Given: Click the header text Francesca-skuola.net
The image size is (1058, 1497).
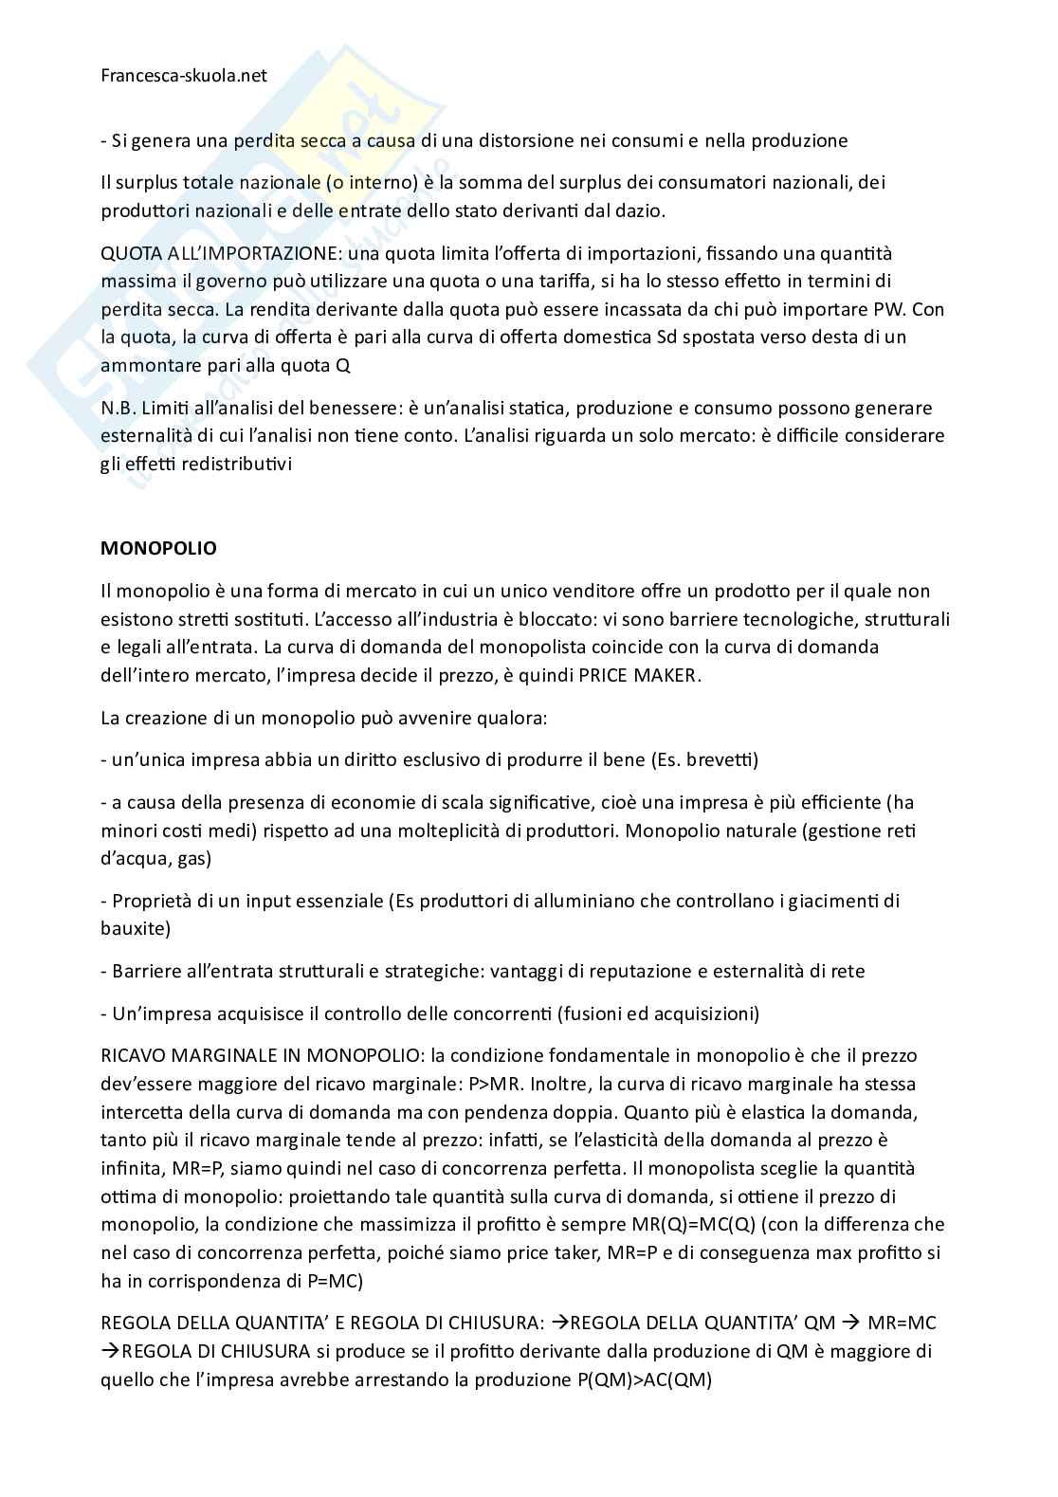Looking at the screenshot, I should pos(184,76).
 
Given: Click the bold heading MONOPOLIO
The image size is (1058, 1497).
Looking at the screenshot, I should pos(158,548).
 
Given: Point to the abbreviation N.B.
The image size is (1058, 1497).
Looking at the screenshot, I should pos(118,408).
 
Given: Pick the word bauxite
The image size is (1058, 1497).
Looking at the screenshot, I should pos(136,928).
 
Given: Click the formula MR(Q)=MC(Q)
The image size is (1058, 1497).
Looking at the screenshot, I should pos(725,1224).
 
